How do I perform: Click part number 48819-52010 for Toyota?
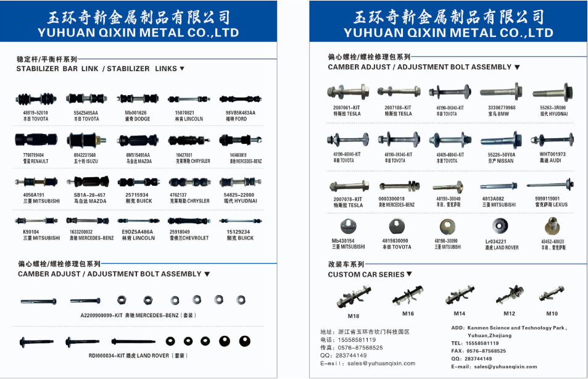pyautogui.click(x=36, y=113)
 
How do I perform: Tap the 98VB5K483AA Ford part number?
pyautogui.click(x=241, y=113)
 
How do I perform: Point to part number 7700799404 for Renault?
pyautogui.click(x=35, y=155)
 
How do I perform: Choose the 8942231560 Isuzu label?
pyautogui.click(x=86, y=155)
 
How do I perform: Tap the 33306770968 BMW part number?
pyautogui.click(x=498, y=107)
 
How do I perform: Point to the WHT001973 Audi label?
pyautogui.click(x=552, y=154)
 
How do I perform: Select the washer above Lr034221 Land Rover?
pyautogui.click(x=500, y=227)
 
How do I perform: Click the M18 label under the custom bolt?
pyautogui.click(x=353, y=316)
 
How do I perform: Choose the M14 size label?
pyautogui.click(x=459, y=313)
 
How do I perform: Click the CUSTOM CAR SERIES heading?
pyautogui.click(x=366, y=274)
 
